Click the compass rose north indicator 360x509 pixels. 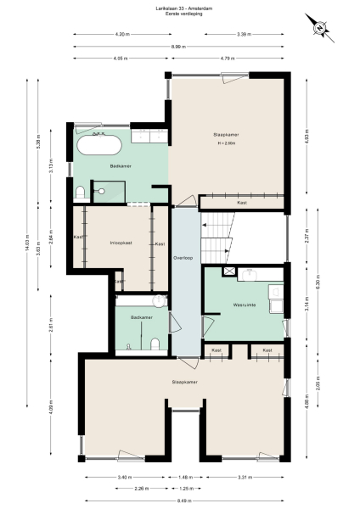(319, 27)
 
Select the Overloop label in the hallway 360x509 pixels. (183, 257)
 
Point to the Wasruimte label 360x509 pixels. (245, 305)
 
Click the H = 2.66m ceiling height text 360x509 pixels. (226, 144)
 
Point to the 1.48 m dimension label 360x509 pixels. (185, 478)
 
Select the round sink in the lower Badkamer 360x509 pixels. (159, 301)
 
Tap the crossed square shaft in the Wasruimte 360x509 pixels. (228, 271)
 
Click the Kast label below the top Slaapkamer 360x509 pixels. (242, 204)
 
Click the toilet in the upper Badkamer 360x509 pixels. (80, 194)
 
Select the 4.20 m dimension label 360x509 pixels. (121, 34)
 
